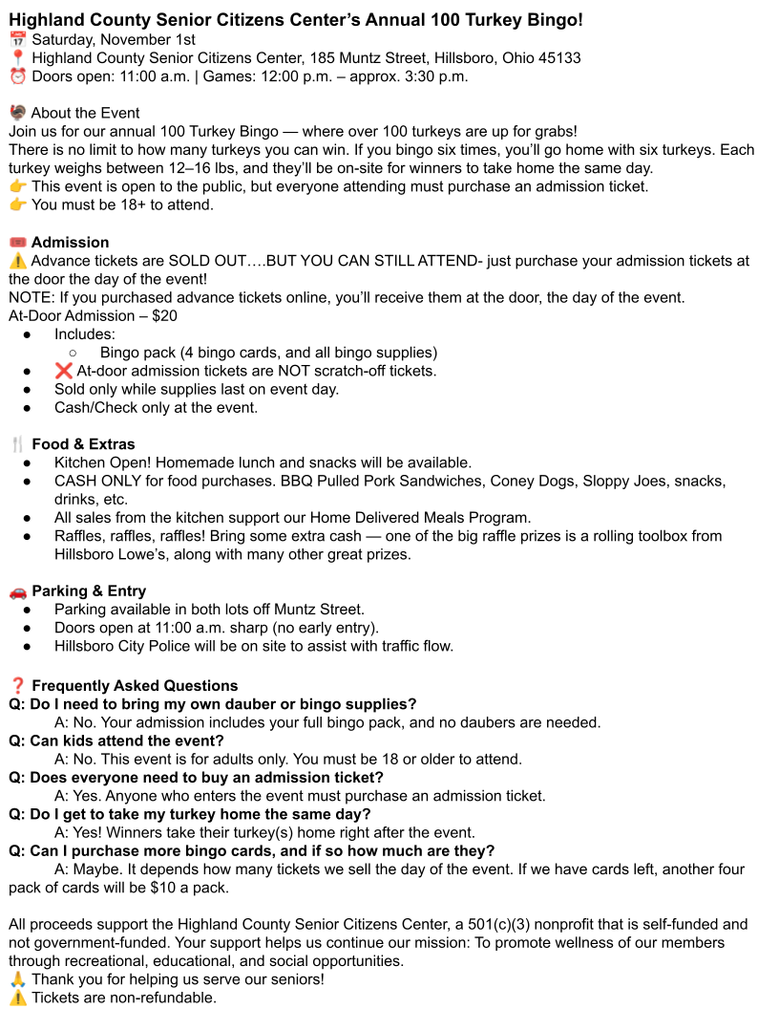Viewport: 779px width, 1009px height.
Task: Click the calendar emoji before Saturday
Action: [17, 39]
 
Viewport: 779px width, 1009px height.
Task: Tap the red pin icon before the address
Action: [17, 58]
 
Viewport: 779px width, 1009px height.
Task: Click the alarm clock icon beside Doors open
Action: [17, 76]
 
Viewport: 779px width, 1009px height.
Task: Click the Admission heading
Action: [70, 243]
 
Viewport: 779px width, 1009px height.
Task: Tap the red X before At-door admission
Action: [63, 371]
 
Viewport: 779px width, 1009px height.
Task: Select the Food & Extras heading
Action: [83, 444]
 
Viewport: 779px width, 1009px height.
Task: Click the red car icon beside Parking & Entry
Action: [17, 591]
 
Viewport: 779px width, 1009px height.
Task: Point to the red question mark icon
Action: [17, 686]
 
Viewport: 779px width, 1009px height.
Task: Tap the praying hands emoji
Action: [17, 979]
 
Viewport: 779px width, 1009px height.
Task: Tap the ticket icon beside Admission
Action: [17, 243]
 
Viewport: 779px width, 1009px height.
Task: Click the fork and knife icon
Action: [17, 444]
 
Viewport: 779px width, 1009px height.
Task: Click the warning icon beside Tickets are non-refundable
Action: [17, 998]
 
